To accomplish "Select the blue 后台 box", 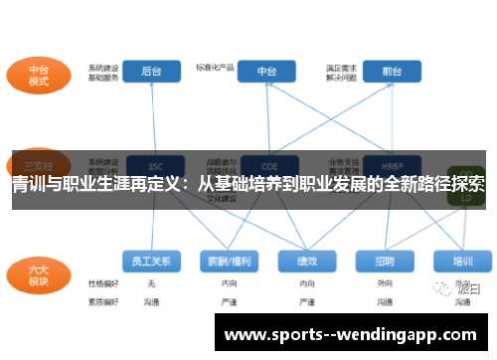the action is pyautogui.click(x=152, y=72).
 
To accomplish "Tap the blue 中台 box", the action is pyautogui.click(x=267, y=72).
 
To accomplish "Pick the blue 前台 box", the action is pyautogui.click(x=391, y=72).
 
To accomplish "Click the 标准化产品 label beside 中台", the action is pyautogui.click(x=215, y=68).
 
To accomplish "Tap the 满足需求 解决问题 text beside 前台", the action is pyautogui.click(x=342, y=73).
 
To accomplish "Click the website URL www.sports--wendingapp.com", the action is pyautogui.click(x=353, y=335).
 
